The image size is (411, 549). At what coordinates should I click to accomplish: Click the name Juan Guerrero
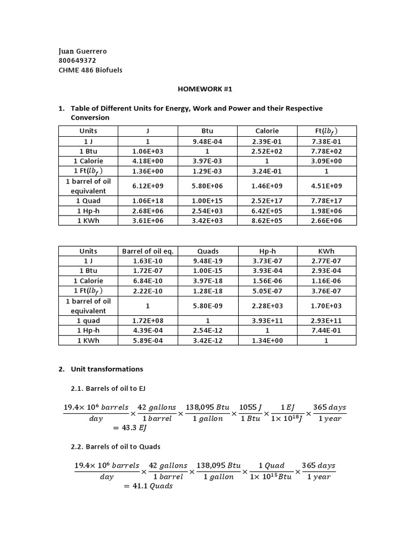point(82,51)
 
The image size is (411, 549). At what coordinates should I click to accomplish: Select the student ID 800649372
point(77,60)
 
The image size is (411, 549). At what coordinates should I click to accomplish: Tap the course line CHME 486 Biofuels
point(90,70)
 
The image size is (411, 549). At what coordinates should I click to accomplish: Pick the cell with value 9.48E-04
point(207,142)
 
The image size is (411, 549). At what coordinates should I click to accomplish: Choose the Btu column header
point(207,131)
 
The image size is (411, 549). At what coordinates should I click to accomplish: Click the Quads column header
point(207,251)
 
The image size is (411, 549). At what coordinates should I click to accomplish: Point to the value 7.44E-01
point(326,330)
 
